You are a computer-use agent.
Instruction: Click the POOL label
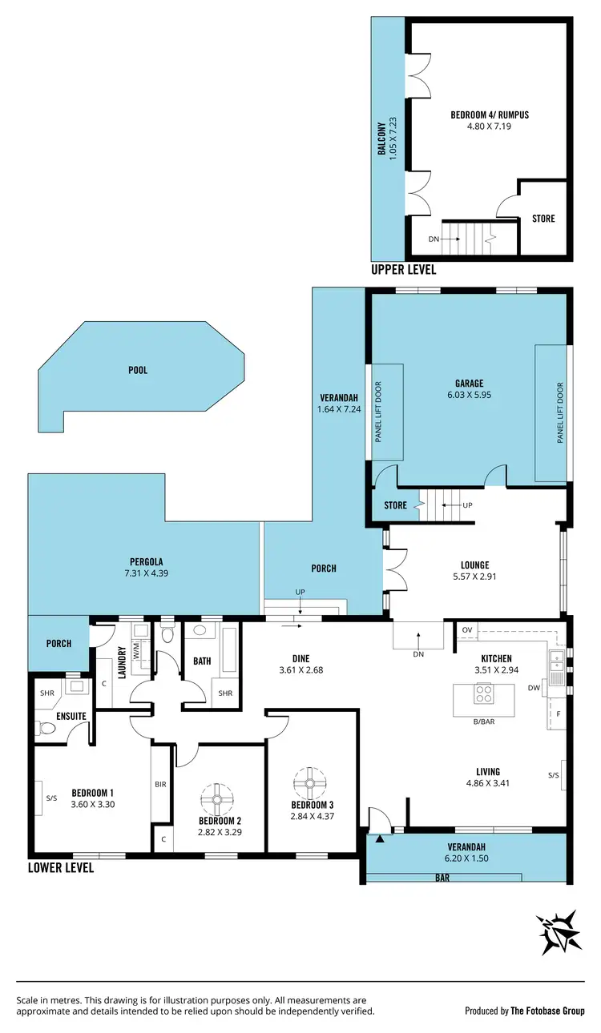pos(137,371)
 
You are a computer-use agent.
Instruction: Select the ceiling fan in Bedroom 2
pos(217,798)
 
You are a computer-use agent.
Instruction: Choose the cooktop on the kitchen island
pos(483,695)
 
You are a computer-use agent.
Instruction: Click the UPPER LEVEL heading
pos(404,270)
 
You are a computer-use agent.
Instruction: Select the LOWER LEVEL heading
pos(61,867)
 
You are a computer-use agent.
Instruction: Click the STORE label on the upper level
pos(543,219)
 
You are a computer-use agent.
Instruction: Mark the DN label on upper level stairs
pos(434,239)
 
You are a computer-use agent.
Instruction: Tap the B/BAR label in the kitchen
pos(482,722)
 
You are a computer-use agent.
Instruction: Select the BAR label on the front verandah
pos(442,878)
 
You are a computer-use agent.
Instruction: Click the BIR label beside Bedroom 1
pos(160,784)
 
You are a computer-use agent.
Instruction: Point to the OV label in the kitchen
pos(467,630)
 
